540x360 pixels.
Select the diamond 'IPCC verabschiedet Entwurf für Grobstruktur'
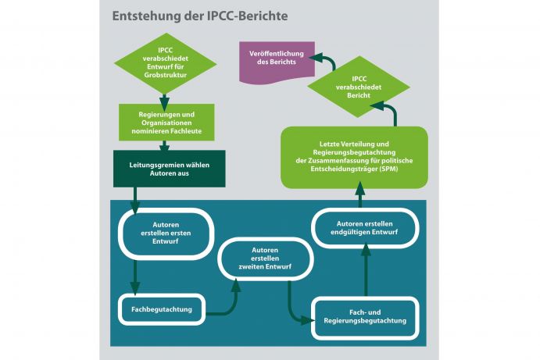pos(165,66)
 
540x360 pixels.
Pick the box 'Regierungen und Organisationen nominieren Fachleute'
pos(165,121)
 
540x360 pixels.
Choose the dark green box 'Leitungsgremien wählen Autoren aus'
pos(170,169)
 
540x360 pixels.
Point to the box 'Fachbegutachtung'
pos(162,308)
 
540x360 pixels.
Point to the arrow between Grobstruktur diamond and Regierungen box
pos(165,101)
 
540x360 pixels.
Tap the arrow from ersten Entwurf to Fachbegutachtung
pos(136,277)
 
